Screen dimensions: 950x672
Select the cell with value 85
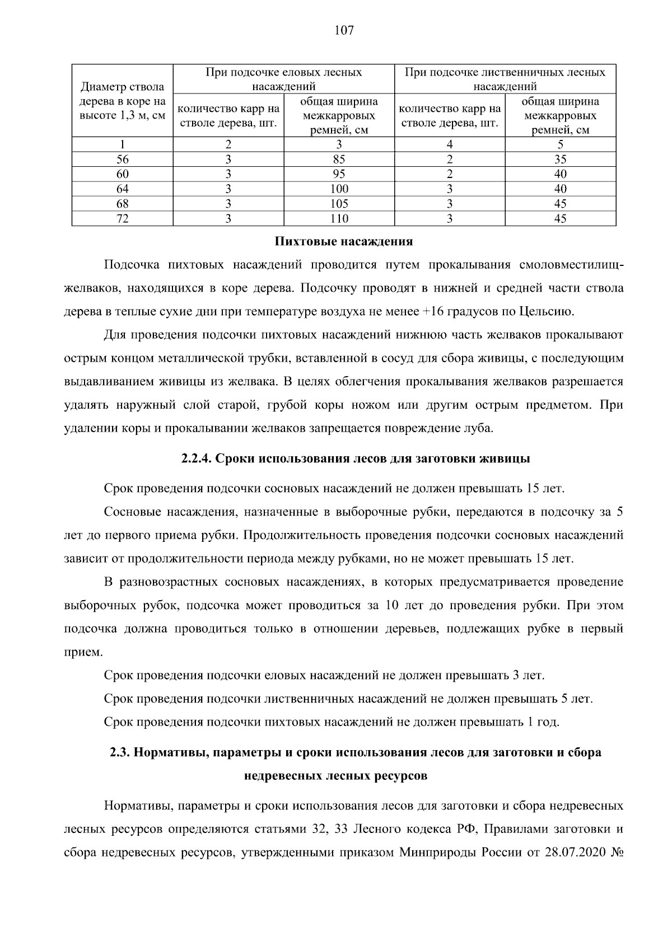point(339,159)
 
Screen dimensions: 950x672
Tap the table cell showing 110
point(339,219)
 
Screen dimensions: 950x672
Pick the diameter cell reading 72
point(122,219)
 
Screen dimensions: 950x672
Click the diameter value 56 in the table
point(122,159)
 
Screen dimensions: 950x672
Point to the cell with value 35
point(560,159)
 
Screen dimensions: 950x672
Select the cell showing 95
point(339,174)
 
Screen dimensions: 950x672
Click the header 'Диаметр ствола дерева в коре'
point(122,101)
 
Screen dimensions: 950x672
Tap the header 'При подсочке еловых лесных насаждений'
point(283,79)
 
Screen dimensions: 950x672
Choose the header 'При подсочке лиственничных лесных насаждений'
point(505,79)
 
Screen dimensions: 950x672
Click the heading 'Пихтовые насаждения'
point(344,242)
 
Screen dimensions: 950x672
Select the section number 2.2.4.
point(196,458)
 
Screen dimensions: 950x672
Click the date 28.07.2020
point(575,853)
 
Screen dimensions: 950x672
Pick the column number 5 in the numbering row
point(560,144)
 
